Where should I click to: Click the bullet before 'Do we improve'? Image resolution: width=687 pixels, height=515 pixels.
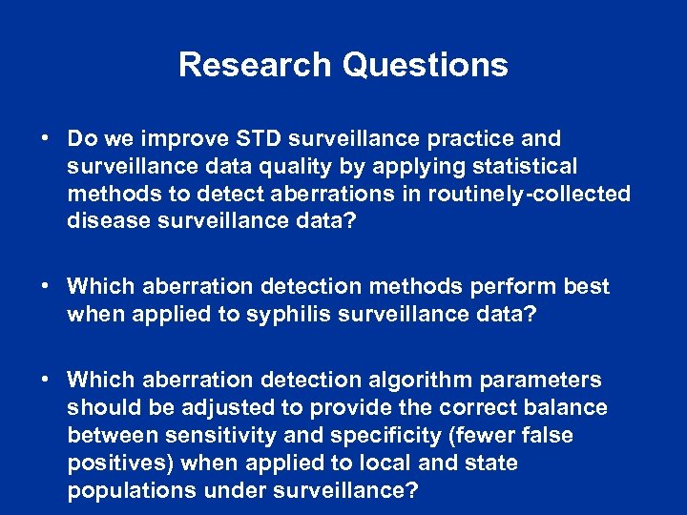coord(46,139)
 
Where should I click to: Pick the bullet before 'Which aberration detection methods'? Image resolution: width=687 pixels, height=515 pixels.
coord(46,287)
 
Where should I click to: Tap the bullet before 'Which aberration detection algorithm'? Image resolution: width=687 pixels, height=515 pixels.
coord(46,381)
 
